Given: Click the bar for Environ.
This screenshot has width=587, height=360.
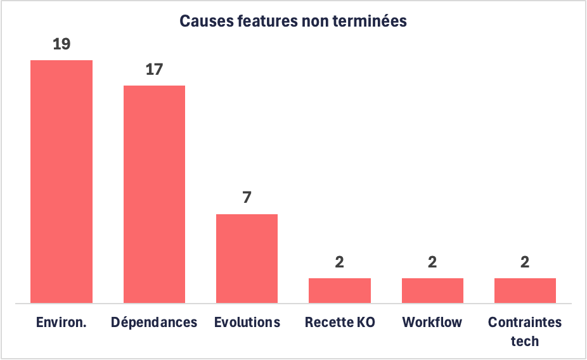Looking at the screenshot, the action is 61,181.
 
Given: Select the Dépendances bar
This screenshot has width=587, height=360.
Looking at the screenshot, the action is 154,194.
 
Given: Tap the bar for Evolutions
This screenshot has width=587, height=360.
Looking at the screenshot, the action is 247,259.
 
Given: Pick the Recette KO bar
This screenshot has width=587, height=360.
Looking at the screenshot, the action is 340,291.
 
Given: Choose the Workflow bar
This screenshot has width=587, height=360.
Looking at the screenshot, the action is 432,291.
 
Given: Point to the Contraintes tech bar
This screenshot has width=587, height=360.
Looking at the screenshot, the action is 526,291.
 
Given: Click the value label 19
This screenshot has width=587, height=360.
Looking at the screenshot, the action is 61,44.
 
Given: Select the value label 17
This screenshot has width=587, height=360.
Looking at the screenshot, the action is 154,69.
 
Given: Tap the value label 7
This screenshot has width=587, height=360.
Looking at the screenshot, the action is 247,197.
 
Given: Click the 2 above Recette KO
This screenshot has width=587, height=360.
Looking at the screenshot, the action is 340,262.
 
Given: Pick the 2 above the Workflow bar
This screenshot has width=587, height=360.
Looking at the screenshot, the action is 432,262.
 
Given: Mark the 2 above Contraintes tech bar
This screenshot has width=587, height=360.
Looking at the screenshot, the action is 525,262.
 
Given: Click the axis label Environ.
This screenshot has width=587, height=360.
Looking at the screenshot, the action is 61,322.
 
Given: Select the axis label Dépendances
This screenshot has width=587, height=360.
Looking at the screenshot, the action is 154,322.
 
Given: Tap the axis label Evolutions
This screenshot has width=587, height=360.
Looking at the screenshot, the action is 247,322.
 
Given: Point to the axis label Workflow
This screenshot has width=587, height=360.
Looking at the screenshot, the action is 432,322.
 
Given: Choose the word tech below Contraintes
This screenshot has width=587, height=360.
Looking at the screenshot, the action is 525,341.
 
